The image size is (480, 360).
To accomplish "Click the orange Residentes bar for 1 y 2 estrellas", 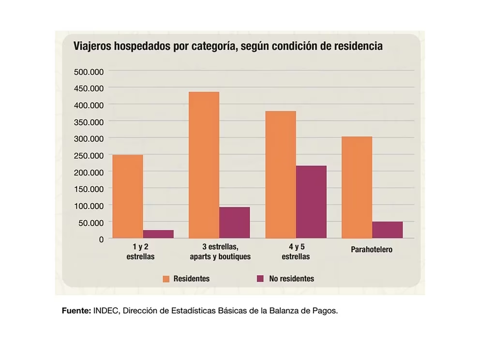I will tap(128, 196).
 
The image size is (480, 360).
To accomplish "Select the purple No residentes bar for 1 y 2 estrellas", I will tap(158, 234).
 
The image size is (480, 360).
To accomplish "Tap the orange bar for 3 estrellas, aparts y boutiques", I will tap(204, 165).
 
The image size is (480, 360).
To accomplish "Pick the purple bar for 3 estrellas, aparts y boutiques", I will tap(234, 223).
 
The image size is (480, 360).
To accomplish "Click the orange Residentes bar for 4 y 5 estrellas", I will tap(281, 175).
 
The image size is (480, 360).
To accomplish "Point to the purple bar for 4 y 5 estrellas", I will tap(311, 202).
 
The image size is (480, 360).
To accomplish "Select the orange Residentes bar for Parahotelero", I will tap(357, 187).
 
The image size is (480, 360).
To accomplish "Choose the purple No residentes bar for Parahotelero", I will tap(387, 230).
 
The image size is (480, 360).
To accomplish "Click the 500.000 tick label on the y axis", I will tap(89, 72).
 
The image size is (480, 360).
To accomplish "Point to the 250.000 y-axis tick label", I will tap(89, 155).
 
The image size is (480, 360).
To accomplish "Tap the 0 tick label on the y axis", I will tap(101, 239).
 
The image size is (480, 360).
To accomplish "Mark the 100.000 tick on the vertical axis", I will tap(89, 206).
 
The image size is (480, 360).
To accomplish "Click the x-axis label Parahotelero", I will tap(372, 250).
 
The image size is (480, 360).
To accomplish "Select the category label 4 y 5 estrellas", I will tap(296, 252).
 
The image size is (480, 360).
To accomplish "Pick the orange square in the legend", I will tap(166, 279).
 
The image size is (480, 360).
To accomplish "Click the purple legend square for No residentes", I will tap(260, 279).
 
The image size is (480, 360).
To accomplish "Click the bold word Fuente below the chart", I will tap(76, 311).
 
